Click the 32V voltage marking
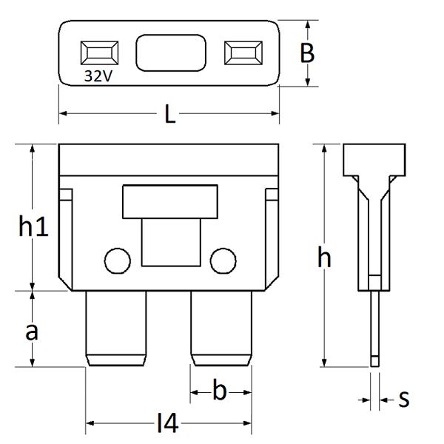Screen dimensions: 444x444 pyautogui.click(x=98, y=76)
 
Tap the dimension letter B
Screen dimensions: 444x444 pyautogui.click(x=307, y=53)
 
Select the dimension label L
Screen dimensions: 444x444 pyautogui.click(x=169, y=114)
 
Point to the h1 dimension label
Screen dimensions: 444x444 pyautogui.click(x=33, y=226)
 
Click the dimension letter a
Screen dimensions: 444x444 pyautogui.click(x=31, y=332)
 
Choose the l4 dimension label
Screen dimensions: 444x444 pyautogui.click(x=168, y=423)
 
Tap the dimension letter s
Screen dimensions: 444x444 pyautogui.click(x=404, y=400)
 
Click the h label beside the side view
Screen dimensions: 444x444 pyautogui.click(x=324, y=257)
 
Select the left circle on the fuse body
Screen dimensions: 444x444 pyautogui.click(x=118, y=260)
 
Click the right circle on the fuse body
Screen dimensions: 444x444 pyautogui.click(x=223, y=260)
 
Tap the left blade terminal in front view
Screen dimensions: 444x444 pyautogui.click(x=116, y=329)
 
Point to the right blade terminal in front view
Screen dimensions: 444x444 pyautogui.click(x=221, y=329)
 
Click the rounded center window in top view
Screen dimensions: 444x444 pyautogui.click(x=171, y=53)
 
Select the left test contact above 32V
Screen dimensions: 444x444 pyautogui.click(x=99, y=53)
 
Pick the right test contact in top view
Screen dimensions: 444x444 pyautogui.click(x=243, y=53)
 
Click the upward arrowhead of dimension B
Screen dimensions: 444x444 pyautogui.click(x=308, y=24)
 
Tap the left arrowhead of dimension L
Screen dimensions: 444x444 pyautogui.click(x=63, y=113)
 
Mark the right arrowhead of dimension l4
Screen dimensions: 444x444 pyautogui.click(x=247, y=423)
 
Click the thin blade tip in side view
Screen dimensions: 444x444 pyautogui.click(x=374, y=361)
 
